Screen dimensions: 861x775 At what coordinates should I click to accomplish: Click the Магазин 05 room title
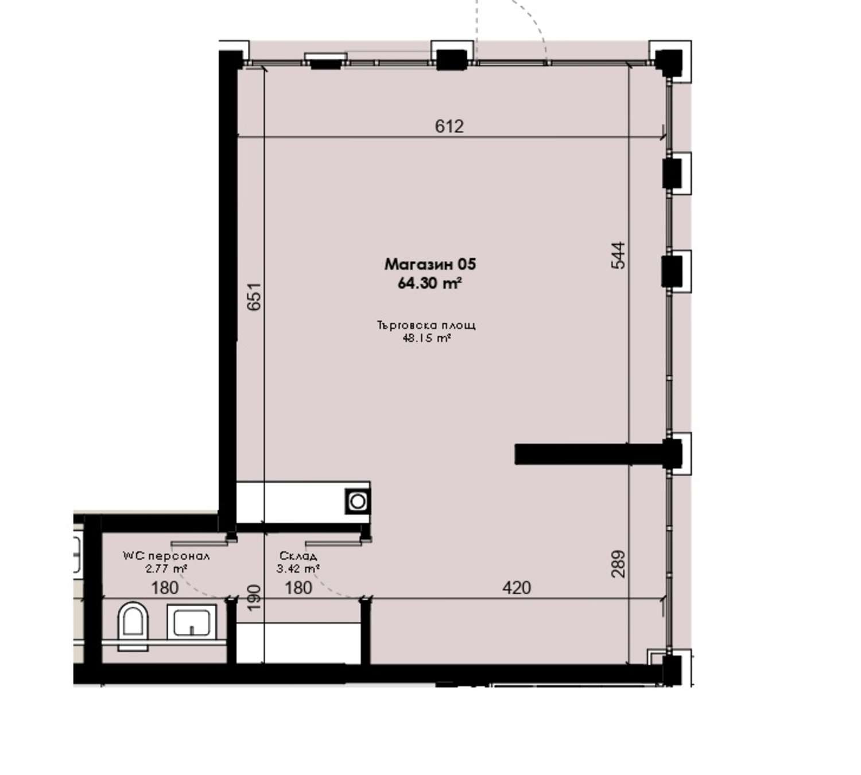point(430,264)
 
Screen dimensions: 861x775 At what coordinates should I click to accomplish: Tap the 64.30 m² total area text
point(430,284)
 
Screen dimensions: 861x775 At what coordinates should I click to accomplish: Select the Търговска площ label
point(426,325)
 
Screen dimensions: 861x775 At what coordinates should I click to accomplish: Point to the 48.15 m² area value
point(426,338)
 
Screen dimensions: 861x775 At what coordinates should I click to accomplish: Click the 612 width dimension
point(449,126)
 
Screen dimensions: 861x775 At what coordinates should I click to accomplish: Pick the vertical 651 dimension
point(254,296)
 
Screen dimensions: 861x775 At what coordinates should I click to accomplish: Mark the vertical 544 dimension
point(618,256)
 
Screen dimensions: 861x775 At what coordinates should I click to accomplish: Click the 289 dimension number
point(618,564)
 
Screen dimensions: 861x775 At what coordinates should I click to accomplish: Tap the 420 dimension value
point(517,587)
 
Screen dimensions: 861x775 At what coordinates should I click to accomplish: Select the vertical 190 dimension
point(254,597)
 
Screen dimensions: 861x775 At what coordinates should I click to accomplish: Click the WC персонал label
point(166,556)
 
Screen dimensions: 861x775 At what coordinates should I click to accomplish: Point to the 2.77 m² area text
point(166,569)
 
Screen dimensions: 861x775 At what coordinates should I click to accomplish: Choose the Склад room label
point(298,556)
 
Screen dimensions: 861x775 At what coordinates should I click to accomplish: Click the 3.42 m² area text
point(298,569)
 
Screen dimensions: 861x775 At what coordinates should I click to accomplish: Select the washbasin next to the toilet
point(191,622)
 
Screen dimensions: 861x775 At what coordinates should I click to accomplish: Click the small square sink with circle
point(358,501)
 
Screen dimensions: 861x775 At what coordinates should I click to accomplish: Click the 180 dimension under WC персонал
point(165,587)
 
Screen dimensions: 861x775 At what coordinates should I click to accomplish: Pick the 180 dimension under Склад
point(298,587)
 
